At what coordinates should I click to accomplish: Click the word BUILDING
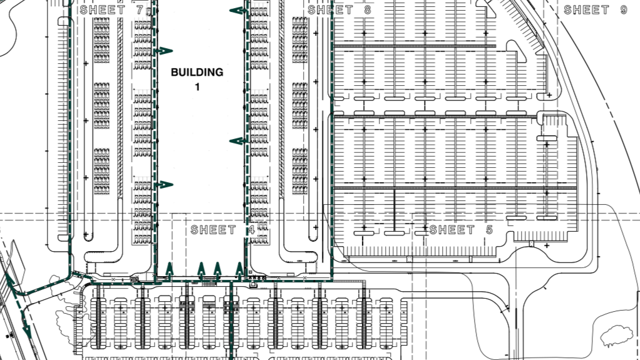pyautogui.click(x=197, y=72)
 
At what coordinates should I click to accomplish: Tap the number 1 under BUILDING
pyautogui.click(x=197, y=87)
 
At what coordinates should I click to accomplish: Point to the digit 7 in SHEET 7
pyautogui.click(x=140, y=10)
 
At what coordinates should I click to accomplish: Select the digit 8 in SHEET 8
pyautogui.click(x=368, y=10)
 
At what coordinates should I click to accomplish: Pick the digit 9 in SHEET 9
pyautogui.click(x=624, y=10)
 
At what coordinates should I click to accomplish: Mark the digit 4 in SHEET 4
pyautogui.click(x=251, y=230)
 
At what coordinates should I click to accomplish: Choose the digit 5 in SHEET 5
pyautogui.click(x=489, y=230)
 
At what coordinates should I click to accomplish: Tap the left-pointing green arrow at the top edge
pyautogui.click(x=239, y=11)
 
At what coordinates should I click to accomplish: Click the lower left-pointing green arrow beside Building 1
pyautogui.click(x=239, y=141)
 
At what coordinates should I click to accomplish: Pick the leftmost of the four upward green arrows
pyautogui.click(x=169, y=270)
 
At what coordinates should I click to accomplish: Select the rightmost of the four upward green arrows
pyautogui.click(x=240, y=270)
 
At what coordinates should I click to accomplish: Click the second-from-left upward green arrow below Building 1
pyautogui.click(x=201, y=270)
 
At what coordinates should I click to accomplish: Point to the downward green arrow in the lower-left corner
pyautogui.click(x=26, y=322)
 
